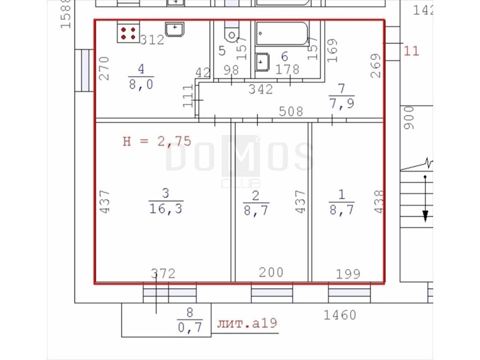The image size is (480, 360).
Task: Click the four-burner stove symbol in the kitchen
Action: pos(128,33)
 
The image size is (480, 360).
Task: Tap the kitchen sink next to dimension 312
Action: pos(175,29)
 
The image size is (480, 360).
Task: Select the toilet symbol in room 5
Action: pos(232,33)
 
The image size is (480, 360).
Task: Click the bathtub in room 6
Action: pos(282,34)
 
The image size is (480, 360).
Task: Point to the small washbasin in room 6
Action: pos(262,62)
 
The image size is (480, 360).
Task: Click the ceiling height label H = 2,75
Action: pos(157,142)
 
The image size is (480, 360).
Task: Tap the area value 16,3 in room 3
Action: pos(166,209)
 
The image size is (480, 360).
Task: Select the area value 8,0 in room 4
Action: pos(141,84)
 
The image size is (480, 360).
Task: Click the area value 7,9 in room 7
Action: pos(341,103)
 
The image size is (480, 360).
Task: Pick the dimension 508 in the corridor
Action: pos(291,112)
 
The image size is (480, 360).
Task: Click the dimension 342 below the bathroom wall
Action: pos(260,89)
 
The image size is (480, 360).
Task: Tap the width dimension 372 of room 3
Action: pos(163,274)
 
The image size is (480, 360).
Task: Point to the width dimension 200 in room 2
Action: pos(271,272)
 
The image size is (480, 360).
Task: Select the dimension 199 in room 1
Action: pos(348,274)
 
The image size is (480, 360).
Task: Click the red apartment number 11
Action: pos(411,50)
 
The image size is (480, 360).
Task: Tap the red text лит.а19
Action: pos(247,323)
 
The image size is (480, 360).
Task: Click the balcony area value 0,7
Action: pos(190,328)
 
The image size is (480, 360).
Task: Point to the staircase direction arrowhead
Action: pos(425,216)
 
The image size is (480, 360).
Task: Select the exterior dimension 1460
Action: pos(340,315)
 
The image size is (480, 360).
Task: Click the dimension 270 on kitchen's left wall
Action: pos(104,68)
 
